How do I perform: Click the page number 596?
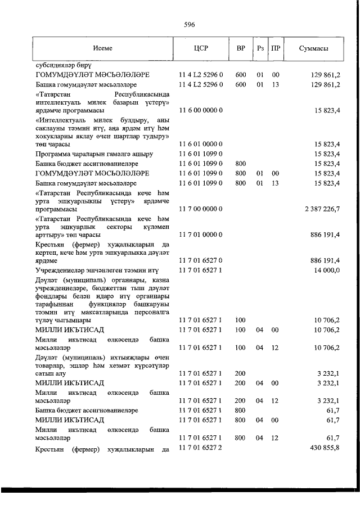pos(190,24)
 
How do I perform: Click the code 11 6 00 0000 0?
pos(201,110)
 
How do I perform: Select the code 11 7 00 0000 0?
pos(201,209)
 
